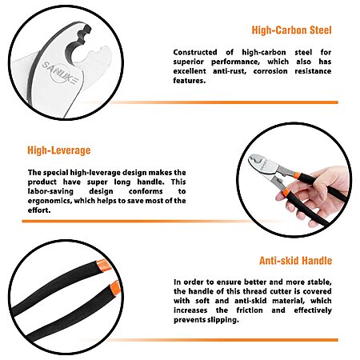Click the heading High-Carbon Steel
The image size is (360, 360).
291,30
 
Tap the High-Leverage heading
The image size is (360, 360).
59,150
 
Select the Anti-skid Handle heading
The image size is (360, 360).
295,260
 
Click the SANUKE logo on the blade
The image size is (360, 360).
60,73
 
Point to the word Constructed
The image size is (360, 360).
195,52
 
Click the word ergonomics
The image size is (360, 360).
50,201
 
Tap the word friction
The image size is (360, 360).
250,310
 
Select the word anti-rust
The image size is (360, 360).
230,71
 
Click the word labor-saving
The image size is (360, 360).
50,191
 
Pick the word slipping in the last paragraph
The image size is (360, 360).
224,320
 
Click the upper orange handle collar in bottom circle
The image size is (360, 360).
103,265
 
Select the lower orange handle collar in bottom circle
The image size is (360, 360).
116,288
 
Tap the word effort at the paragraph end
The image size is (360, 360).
39,210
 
